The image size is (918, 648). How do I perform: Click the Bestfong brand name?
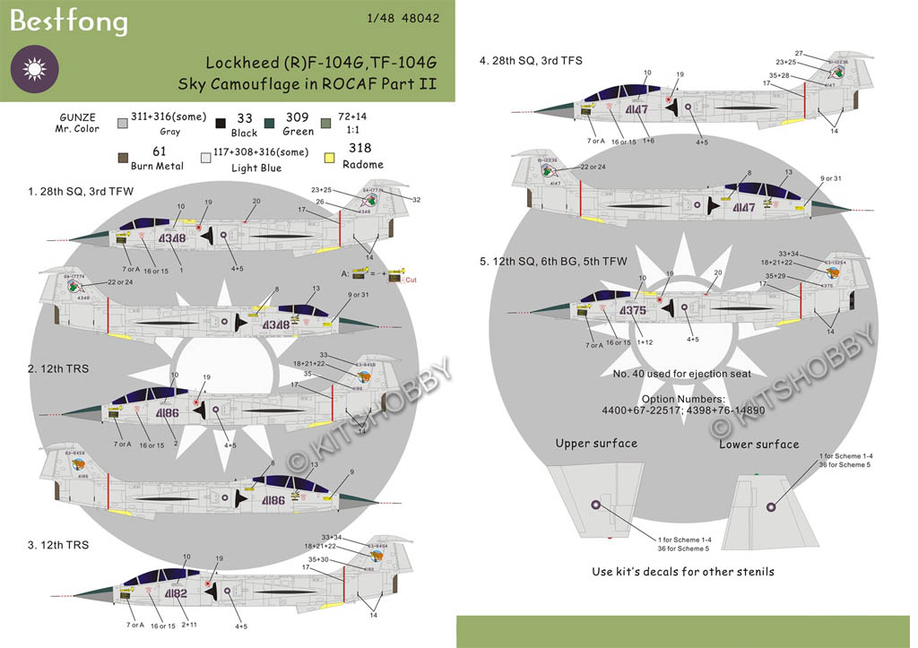pos(68,22)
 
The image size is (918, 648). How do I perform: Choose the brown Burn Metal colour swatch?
pos(118,159)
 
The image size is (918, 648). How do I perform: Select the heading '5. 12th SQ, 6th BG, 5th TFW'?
pos(554,262)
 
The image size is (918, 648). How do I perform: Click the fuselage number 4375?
pos(632,310)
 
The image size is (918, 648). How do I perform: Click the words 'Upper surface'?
pos(596,444)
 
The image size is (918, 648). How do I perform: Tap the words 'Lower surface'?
pos(759,444)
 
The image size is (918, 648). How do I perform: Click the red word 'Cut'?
pos(412,280)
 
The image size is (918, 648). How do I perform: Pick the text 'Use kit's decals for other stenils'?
pos(682,571)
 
